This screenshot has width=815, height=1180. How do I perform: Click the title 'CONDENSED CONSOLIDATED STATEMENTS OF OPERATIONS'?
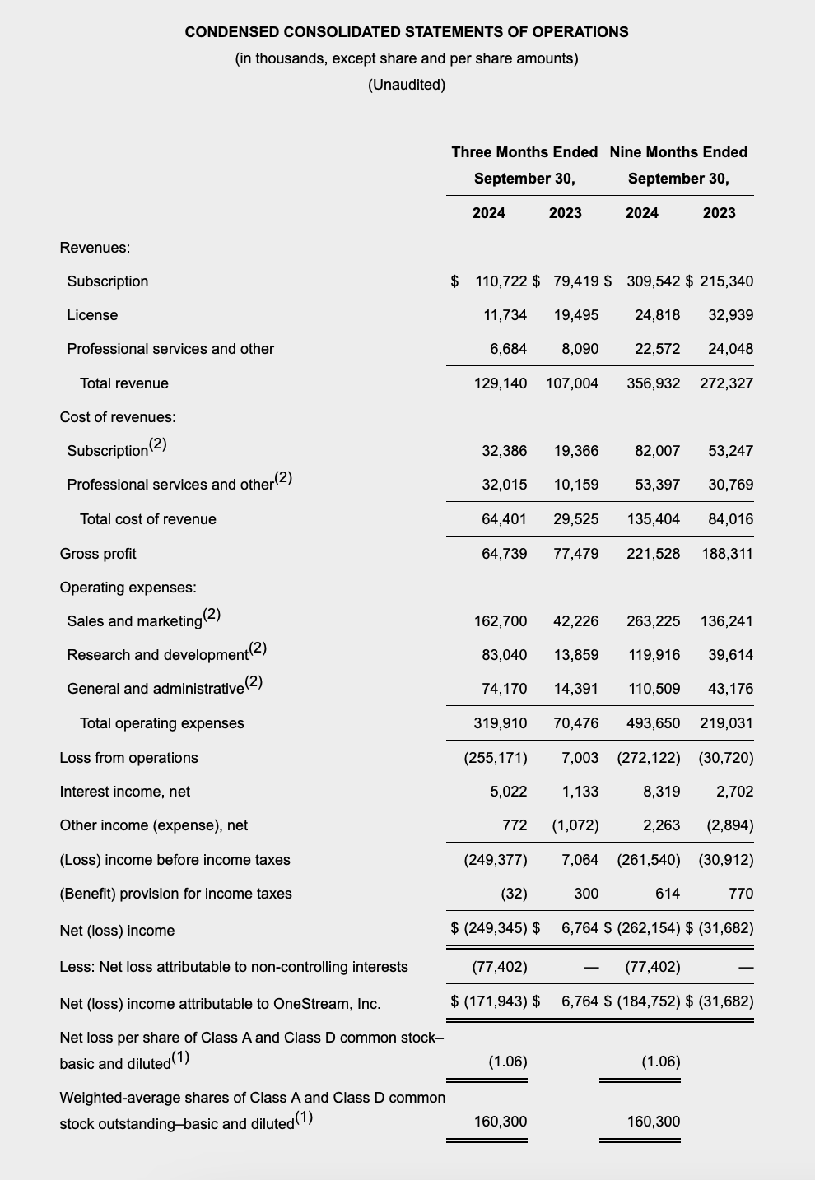[x=407, y=32]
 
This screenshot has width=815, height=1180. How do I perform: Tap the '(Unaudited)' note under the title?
[x=407, y=85]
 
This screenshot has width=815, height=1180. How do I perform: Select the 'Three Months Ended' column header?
[x=524, y=152]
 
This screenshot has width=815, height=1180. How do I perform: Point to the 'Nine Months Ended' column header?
[x=678, y=152]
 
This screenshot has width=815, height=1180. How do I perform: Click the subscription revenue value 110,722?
[x=501, y=281]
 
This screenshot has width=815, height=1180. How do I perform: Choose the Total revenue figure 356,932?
[x=653, y=383]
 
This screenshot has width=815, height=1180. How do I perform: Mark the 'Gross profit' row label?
[x=98, y=554]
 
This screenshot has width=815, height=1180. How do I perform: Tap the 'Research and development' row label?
[x=158, y=655]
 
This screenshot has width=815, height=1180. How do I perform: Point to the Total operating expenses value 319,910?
[x=500, y=723]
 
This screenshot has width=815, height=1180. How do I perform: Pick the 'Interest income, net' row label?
[x=125, y=792]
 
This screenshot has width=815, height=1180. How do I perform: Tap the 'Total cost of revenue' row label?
[x=148, y=519]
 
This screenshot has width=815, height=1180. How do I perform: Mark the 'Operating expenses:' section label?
[x=128, y=588]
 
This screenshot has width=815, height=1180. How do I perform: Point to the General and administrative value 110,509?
[x=654, y=689]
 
